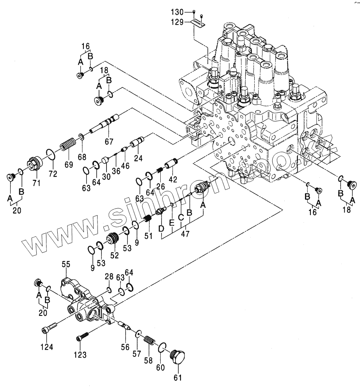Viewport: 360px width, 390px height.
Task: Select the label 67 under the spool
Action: pos(108,141)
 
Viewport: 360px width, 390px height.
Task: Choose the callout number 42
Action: pos(172,179)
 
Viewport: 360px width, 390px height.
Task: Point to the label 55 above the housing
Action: pos(66,264)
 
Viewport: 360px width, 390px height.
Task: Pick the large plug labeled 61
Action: pos(178,356)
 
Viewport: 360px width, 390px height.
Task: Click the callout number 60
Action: pos(160,367)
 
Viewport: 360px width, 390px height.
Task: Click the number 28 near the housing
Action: pos(109,277)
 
